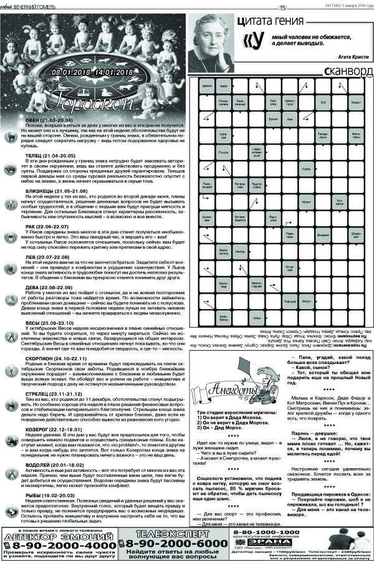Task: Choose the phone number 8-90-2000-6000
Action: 181,543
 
